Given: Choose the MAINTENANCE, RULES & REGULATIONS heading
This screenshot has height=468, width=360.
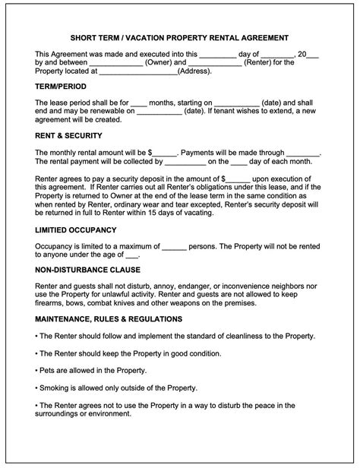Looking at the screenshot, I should pyautogui.click(x=109, y=319).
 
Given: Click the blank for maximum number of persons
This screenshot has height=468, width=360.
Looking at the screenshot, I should pyautogui.click(x=175, y=245).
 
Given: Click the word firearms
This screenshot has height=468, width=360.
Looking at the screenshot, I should pyautogui.click(x=52, y=303).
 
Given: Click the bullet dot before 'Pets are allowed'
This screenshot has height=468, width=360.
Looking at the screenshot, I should pyautogui.click(x=37, y=370).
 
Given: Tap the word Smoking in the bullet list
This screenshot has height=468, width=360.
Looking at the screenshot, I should pyautogui.click(x=58, y=387).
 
